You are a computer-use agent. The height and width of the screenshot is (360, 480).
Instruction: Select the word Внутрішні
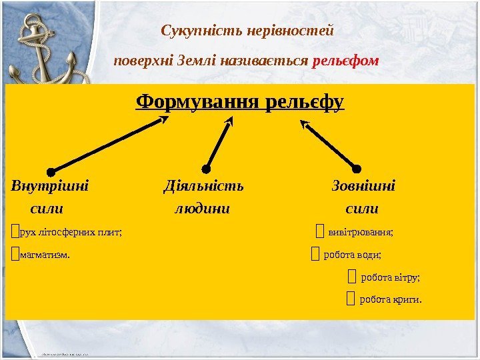50,185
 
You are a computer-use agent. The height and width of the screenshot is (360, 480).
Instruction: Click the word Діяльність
203,185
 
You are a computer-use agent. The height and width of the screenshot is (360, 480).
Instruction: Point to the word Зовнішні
363,185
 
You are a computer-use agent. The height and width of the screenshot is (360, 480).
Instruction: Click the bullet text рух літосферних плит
71,233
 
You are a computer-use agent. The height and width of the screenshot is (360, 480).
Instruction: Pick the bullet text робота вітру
390,277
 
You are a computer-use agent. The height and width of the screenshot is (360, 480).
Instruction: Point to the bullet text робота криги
391,299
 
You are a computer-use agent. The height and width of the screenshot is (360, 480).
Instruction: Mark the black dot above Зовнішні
356,169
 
